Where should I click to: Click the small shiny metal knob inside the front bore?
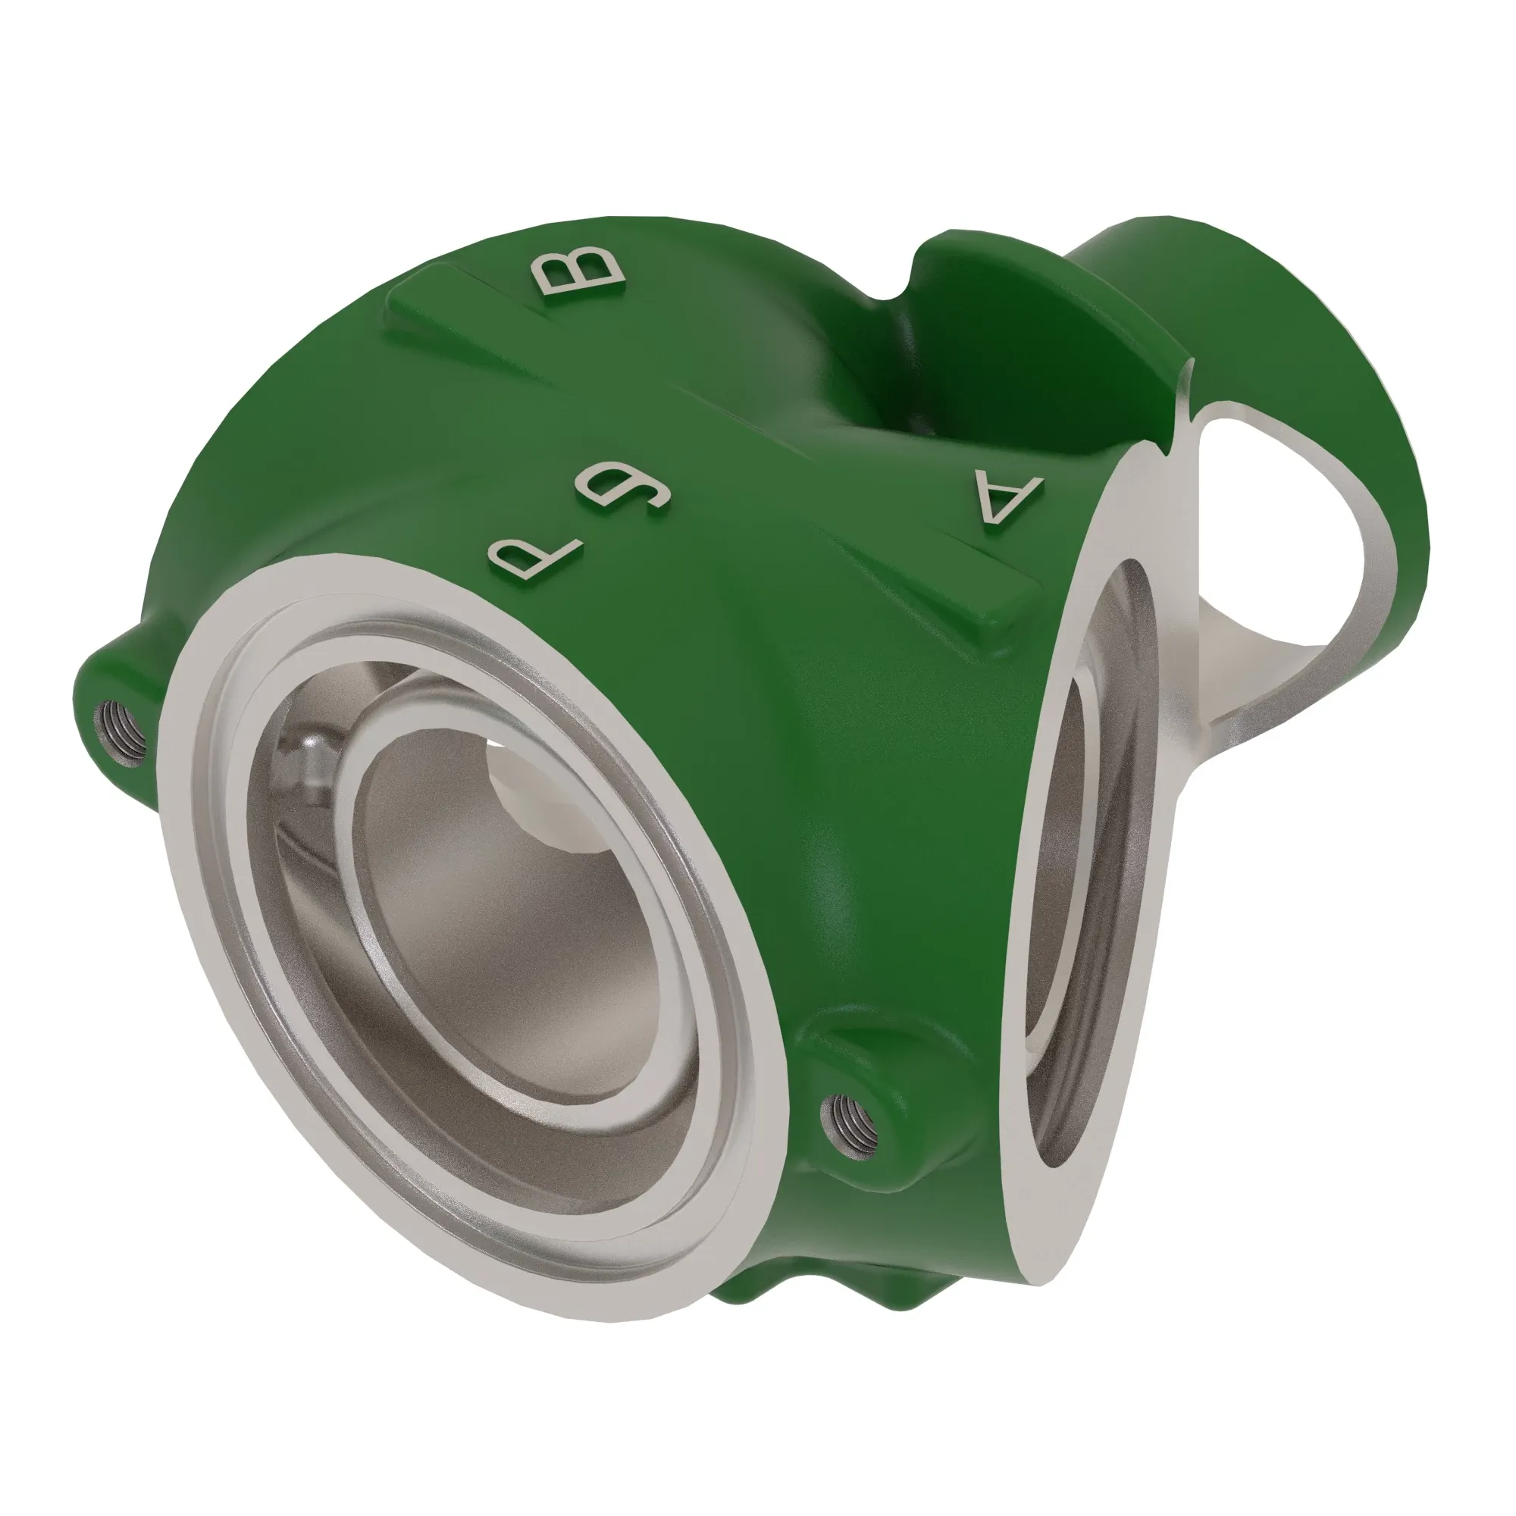[310, 758]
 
